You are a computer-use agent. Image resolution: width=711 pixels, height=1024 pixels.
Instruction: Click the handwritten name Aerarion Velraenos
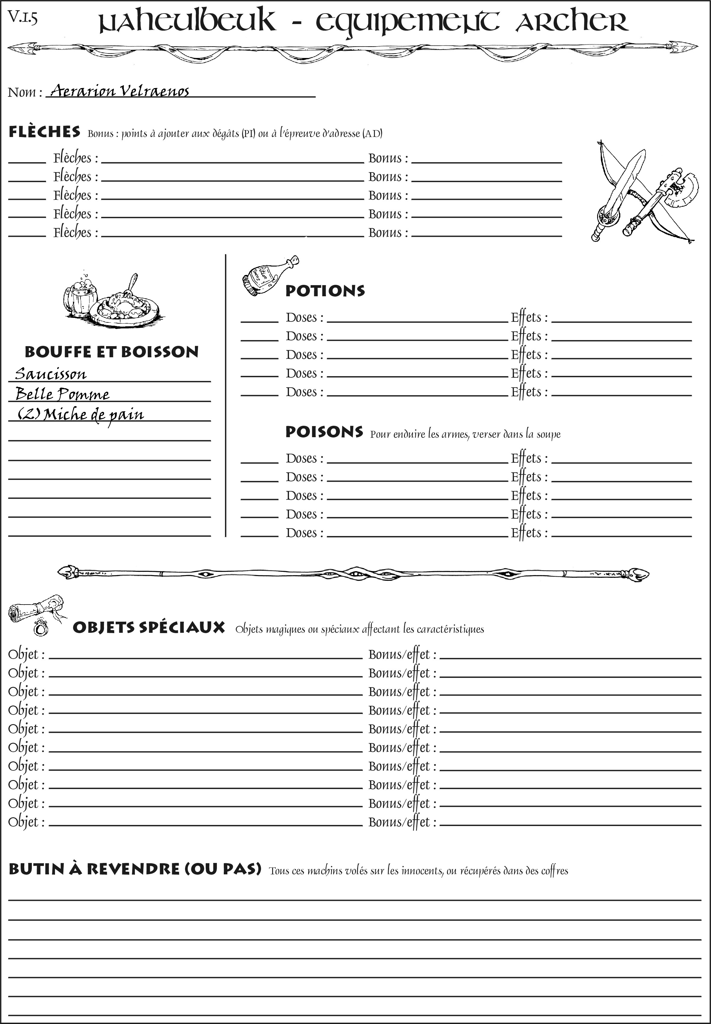click(119, 91)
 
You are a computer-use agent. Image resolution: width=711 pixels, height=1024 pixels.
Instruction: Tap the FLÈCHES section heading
click(44, 132)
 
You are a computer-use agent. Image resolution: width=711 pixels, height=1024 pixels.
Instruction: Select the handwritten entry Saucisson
click(50, 373)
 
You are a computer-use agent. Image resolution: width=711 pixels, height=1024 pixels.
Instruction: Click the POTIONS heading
click(325, 291)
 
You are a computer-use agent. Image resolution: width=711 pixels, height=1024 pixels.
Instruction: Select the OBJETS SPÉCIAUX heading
click(148, 627)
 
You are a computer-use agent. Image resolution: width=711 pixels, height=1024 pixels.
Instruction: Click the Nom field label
click(25, 92)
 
